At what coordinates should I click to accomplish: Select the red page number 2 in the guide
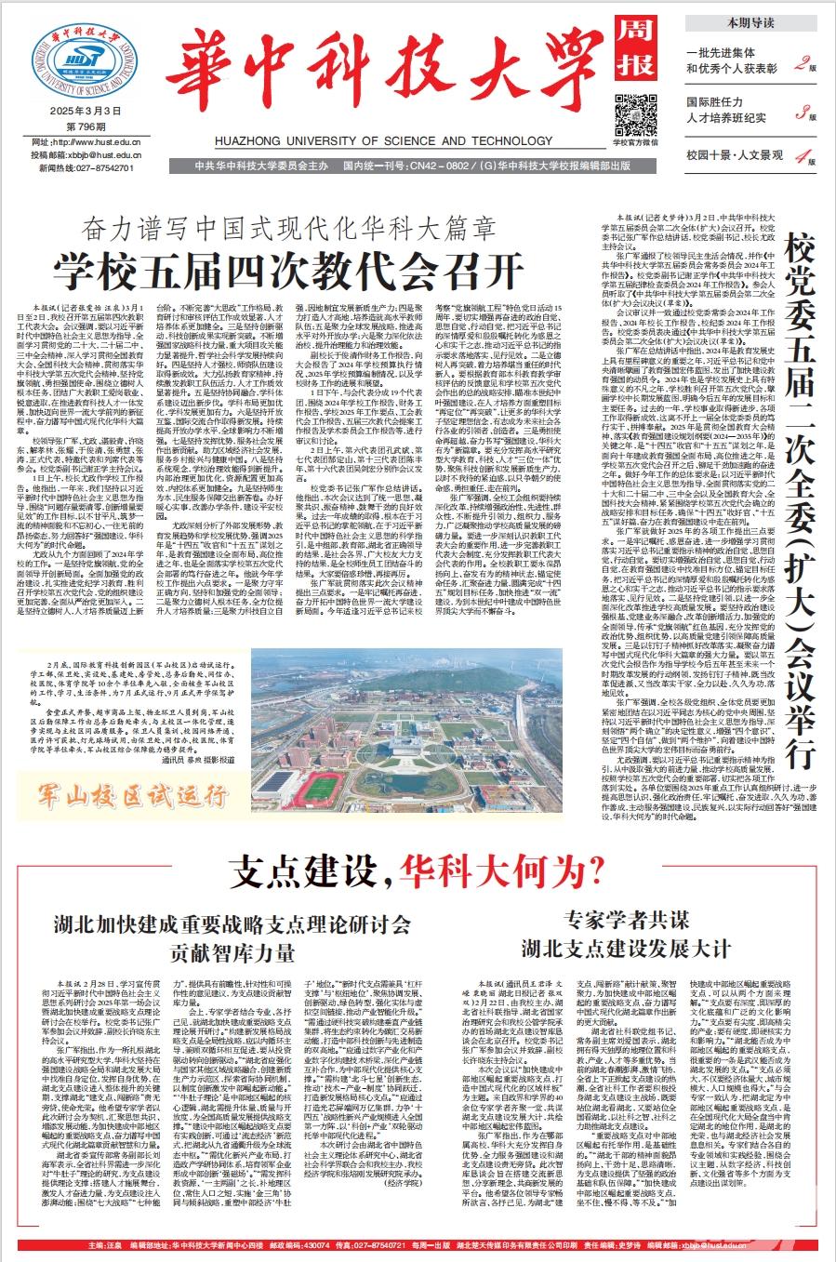800,63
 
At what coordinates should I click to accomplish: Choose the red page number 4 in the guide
800,157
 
